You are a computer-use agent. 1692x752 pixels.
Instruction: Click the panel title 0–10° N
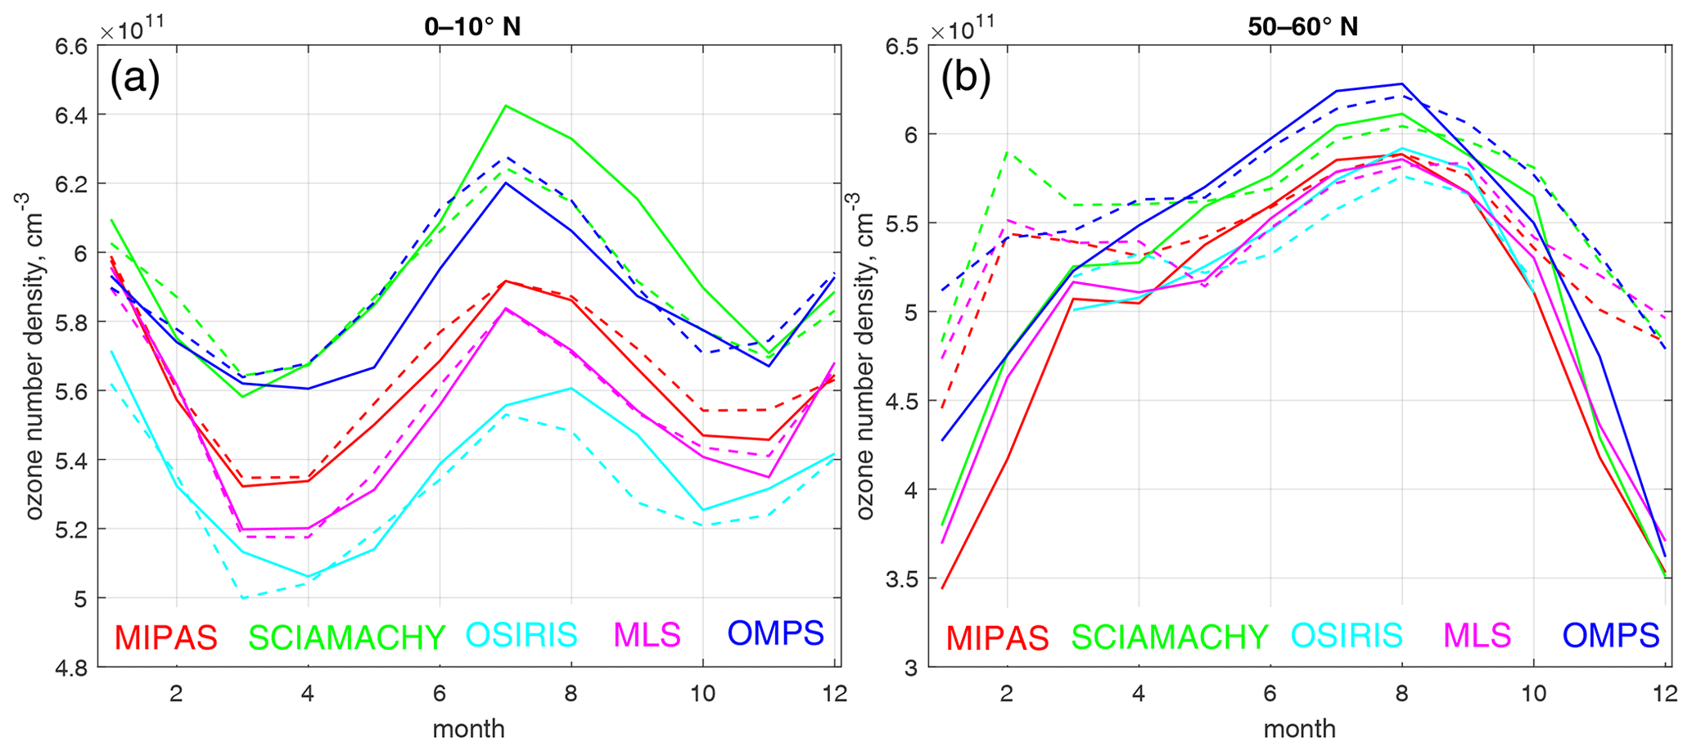point(472,27)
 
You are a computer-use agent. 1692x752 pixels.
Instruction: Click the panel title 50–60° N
point(1302,27)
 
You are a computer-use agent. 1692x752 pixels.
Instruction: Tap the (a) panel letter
point(135,79)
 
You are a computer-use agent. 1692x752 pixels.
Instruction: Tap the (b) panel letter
point(966,79)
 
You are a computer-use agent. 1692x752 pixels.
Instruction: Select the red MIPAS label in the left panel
point(166,637)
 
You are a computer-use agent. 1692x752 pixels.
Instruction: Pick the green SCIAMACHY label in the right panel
point(1170,637)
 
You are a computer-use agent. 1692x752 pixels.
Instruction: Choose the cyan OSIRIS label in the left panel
point(521,635)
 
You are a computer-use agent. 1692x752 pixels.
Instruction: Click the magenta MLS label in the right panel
point(1478,636)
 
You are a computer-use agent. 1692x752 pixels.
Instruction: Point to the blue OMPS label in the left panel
point(776,633)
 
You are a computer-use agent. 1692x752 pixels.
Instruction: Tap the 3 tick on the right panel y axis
point(910,668)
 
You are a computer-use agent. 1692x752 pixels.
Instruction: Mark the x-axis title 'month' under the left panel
point(468,729)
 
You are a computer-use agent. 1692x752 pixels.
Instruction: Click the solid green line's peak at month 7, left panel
point(506,106)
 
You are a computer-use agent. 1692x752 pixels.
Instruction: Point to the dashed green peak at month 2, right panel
point(1007,152)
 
